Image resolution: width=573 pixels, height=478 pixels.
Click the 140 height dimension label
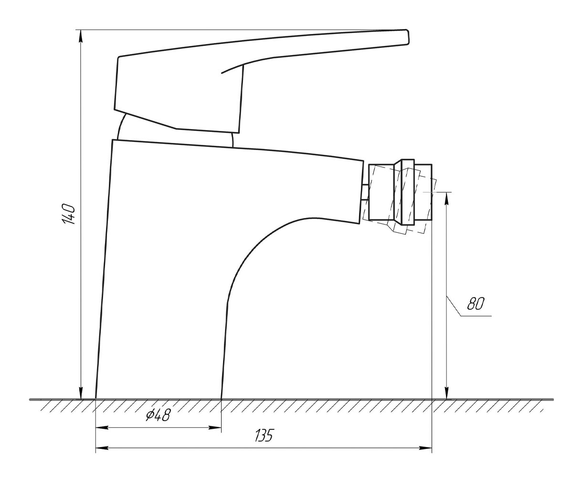[68, 215]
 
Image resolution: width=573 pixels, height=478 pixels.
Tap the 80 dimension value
[476, 304]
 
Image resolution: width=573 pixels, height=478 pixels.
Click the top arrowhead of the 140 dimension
[81, 36]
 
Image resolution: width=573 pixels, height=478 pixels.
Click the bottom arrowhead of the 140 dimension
[81, 392]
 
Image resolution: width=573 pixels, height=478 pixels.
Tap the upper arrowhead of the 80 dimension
[447, 199]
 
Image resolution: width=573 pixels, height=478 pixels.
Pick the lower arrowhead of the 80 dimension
[447, 392]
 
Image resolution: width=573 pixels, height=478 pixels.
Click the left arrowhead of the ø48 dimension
[102, 428]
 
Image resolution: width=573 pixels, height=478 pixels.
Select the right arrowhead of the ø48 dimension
[214, 428]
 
